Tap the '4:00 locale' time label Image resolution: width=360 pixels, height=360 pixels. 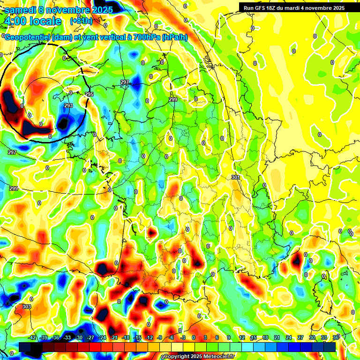click(x=32, y=21)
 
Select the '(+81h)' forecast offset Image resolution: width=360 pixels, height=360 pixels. click(x=81, y=21)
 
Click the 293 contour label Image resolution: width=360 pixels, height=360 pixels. click(x=68, y=106)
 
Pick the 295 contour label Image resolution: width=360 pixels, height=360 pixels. click(x=89, y=95)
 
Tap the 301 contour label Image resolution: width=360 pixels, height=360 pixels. click(x=235, y=177)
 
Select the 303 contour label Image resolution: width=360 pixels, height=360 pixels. click(x=26, y=307)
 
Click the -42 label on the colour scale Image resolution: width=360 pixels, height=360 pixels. click(x=33, y=337)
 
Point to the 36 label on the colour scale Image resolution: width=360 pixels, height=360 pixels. click(x=336, y=337)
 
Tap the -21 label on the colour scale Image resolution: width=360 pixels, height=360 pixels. click(x=114, y=337)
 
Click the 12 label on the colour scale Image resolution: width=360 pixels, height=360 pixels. click(x=241, y=337)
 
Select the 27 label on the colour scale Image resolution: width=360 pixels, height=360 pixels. click(x=300, y=337)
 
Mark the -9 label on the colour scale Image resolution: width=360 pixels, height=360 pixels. click(x=160, y=337)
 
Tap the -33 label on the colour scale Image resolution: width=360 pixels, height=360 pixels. click(x=67, y=337)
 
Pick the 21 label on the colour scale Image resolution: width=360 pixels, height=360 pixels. click(x=277, y=337)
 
